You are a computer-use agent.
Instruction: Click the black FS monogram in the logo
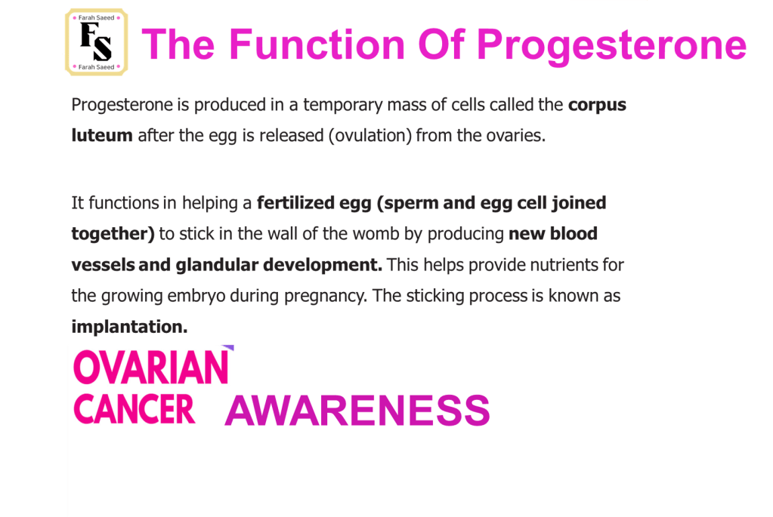pyautogui.click(x=96, y=42)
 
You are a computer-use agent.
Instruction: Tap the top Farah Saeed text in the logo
pyautogui.click(x=96, y=17)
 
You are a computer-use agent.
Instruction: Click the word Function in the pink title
pyautogui.click(x=317, y=45)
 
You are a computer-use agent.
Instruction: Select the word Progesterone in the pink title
pyautogui.click(x=611, y=45)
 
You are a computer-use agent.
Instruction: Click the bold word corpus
pyautogui.click(x=597, y=106)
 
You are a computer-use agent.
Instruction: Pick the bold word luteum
pyautogui.click(x=102, y=135)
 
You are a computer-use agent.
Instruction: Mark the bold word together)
pyautogui.click(x=113, y=234)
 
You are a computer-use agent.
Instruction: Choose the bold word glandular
pyautogui.click(x=217, y=265)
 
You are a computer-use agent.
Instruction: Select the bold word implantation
pyautogui.click(x=129, y=327)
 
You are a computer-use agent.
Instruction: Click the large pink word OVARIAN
pyautogui.click(x=151, y=367)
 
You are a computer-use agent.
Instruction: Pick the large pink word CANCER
pyautogui.click(x=135, y=409)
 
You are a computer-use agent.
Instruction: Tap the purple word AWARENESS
pyautogui.click(x=357, y=411)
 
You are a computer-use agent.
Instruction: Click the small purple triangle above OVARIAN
pyautogui.click(x=229, y=348)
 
